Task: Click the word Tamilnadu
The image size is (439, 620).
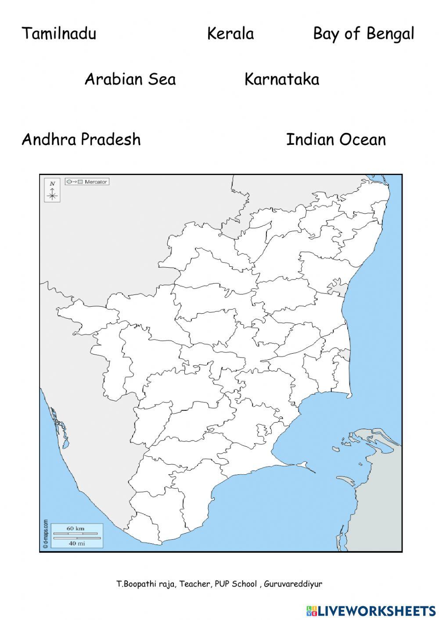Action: [x=59, y=33]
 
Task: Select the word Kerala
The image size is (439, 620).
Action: [x=230, y=33]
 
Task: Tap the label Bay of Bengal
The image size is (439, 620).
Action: [x=363, y=34]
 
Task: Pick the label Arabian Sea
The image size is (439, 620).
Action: [x=130, y=79]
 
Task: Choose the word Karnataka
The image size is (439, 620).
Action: [x=281, y=79]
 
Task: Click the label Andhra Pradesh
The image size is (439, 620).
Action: [x=81, y=140]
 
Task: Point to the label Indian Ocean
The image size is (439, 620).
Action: [x=336, y=140]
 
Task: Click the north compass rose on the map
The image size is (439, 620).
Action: [x=52, y=191]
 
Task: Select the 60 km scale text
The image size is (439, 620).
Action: [x=76, y=528]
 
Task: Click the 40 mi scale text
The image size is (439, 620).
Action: [x=76, y=543]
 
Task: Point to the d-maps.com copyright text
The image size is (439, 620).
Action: [x=45, y=534]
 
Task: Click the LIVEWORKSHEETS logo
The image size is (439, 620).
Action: [x=371, y=610]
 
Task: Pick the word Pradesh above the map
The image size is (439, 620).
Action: [x=111, y=140]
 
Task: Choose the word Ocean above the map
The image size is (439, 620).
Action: [x=362, y=140]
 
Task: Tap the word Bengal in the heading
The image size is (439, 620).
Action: [x=390, y=34]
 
